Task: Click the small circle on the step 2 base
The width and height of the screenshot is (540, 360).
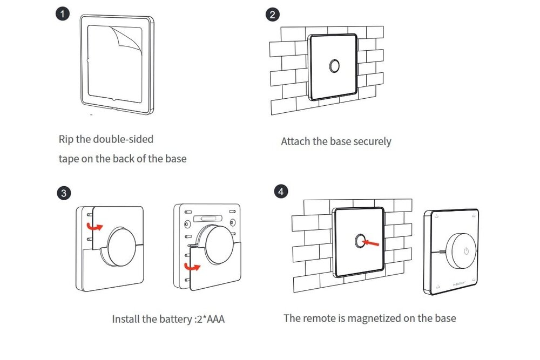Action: pyautogui.click(x=334, y=66)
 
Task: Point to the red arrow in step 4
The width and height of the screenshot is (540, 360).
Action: pyautogui.click(x=372, y=243)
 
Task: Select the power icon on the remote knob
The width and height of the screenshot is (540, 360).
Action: pyautogui.click(x=465, y=251)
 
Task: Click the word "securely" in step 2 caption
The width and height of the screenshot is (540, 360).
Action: pyautogui.click(x=372, y=141)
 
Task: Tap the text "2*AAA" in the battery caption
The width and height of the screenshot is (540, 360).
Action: pyautogui.click(x=210, y=319)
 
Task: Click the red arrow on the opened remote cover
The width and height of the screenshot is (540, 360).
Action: pyautogui.click(x=192, y=267)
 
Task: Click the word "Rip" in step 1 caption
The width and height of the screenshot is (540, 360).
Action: pyautogui.click(x=66, y=139)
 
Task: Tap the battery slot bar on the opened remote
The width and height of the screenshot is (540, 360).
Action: pyautogui.click(x=211, y=219)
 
